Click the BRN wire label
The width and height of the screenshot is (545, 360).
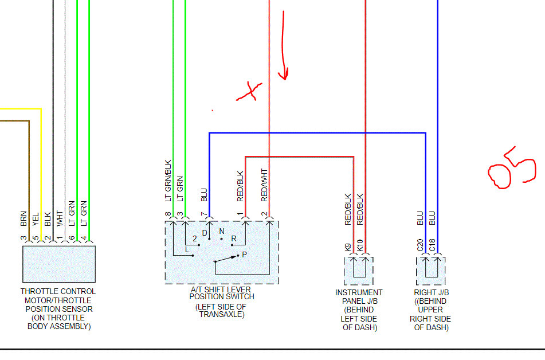coord(23,219)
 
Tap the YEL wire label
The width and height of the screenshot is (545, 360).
coord(36,220)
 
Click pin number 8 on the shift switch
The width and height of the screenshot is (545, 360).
coord(168,214)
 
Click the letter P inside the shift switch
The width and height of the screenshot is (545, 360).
coord(244,254)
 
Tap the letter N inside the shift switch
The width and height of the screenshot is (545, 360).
coord(222,232)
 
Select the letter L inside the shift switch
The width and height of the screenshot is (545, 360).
coord(187,250)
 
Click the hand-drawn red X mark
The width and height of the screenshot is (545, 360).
coord(249,92)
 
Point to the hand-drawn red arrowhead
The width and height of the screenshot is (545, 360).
coord(283,74)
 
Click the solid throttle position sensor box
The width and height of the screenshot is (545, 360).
coord(59,264)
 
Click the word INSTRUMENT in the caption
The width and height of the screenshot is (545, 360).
coord(359,292)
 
